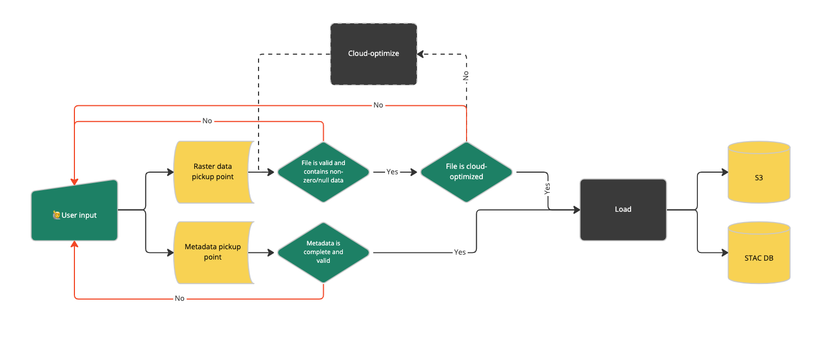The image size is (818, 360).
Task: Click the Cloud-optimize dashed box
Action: (x=374, y=54)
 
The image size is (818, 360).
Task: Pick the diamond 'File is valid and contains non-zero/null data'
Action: (x=323, y=172)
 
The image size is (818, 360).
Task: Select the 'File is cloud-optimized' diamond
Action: (x=466, y=172)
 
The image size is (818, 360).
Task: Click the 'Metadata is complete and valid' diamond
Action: (x=323, y=252)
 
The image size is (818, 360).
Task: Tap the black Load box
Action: (x=623, y=209)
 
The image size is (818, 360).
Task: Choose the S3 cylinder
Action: (x=758, y=178)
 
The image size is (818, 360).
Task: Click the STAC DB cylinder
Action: (x=758, y=257)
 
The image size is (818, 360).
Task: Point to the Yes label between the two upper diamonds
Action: (x=392, y=172)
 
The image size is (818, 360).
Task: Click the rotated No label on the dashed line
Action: (x=466, y=76)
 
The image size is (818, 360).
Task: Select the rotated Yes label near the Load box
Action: (x=548, y=188)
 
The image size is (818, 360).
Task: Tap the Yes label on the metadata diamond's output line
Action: (x=460, y=252)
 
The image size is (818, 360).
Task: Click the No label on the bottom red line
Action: (x=179, y=298)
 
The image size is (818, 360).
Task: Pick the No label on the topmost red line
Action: (x=378, y=105)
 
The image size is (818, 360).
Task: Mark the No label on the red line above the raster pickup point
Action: (x=207, y=121)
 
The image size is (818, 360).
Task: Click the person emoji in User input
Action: (x=56, y=216)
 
